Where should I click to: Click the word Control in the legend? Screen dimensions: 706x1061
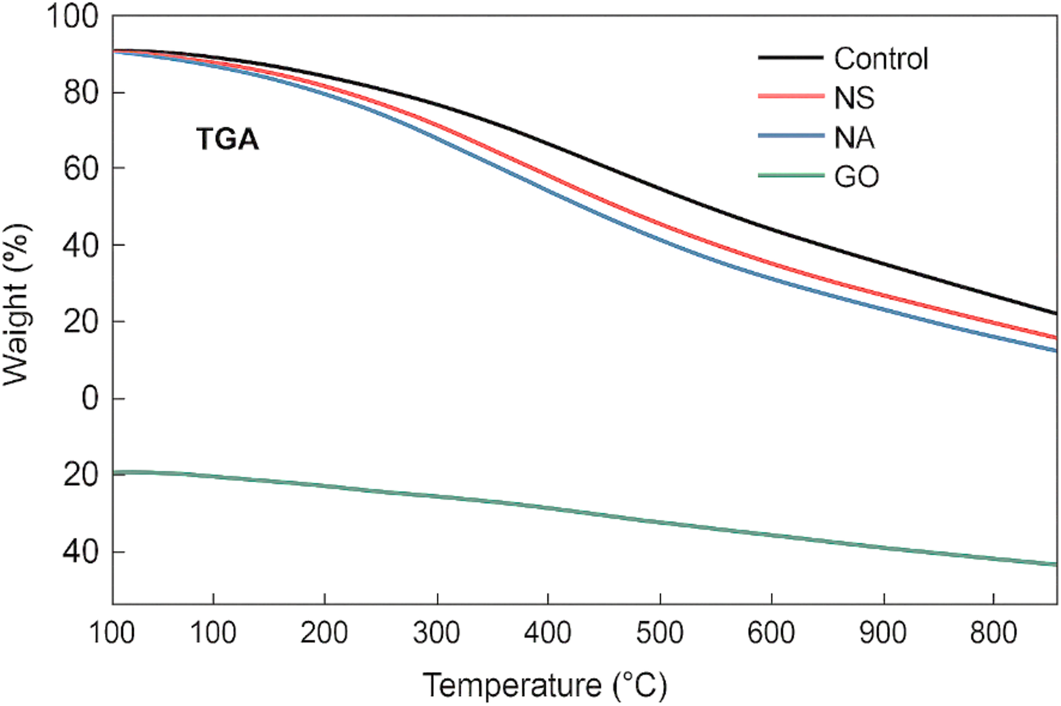[880, 58]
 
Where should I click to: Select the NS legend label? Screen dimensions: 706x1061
[854, 98]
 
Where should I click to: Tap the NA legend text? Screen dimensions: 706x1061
[854, 137]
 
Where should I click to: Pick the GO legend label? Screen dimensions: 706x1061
[856, 177]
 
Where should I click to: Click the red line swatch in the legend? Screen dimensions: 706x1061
[791, 96]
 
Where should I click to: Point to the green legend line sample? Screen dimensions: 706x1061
[791, 175]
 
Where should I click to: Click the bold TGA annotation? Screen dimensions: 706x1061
[227, 139]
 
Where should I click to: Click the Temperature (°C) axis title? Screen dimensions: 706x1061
[545, 685]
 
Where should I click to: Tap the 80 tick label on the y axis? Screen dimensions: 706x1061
[81, 93]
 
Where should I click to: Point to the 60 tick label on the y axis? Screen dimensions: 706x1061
[81, 169]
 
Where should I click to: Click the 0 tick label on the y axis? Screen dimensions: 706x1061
[90, 398]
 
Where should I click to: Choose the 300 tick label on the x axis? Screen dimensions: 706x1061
[436, 632]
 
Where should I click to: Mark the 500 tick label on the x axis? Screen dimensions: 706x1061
[659, 632]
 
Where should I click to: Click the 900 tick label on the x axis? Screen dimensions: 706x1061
[883, 632]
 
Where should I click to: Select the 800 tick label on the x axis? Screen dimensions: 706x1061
[993, 632]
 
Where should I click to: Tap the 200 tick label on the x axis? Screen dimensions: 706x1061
[324, 632]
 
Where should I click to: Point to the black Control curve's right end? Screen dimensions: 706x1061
[1055, 313]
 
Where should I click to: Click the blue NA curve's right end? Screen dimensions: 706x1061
[1055, 350]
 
